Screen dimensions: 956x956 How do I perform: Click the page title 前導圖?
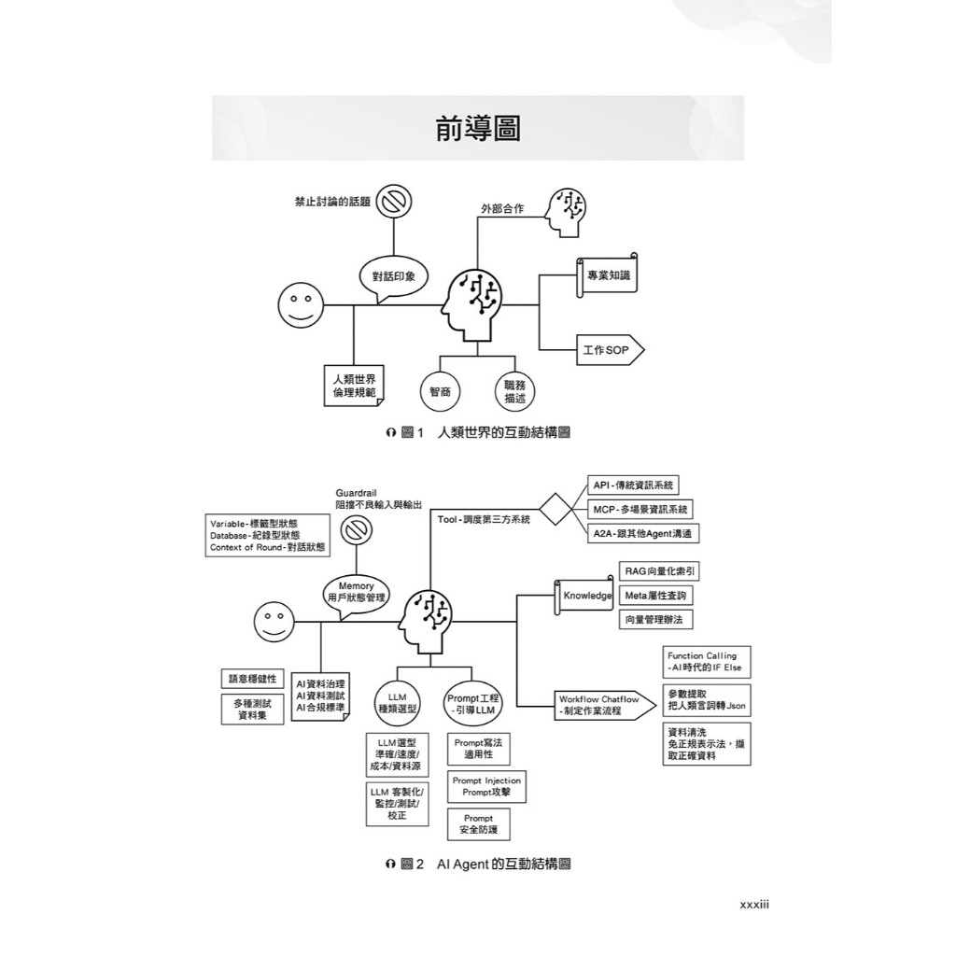pos(477,129)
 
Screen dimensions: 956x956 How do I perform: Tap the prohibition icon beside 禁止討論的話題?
pos(394,202)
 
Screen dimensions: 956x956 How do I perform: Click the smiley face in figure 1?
pos(300,305)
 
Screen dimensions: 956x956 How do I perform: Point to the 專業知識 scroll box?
pos(607,275)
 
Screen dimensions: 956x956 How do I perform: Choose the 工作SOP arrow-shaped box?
pos(610,350)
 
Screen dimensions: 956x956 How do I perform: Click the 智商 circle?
pos(440,391)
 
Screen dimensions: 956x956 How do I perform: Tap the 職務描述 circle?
pos(514,391)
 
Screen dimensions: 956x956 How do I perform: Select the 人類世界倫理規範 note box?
pos(354,386)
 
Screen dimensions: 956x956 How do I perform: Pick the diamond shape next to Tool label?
pos(555,509)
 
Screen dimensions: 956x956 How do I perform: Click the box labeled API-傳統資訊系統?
pos(633,485)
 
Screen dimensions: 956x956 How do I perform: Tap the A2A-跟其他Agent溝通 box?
pos(642,533)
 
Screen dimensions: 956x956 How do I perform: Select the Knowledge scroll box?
pos(584,596)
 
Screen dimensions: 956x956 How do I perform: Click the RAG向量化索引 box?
pos(659,571)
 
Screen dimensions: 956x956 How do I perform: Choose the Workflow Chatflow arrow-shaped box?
pos(597,705)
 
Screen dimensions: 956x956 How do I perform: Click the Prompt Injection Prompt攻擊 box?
pos(486,786)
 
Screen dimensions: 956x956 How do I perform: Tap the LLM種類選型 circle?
pos(398,703)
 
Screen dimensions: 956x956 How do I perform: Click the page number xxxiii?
pos(754,905)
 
